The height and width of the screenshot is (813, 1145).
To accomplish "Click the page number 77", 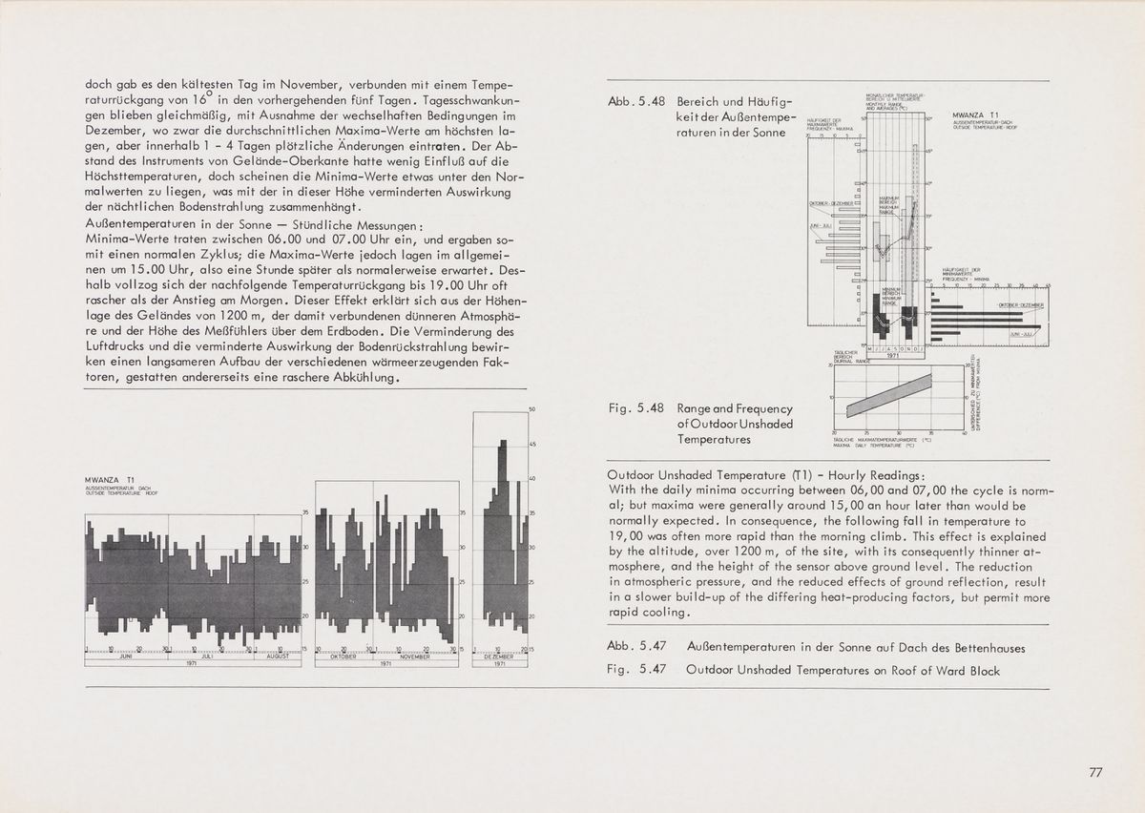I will [x=1095, y=773].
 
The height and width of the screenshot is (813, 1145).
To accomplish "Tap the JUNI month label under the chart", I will [x=125, y=657].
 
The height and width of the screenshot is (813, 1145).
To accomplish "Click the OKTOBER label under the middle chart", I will [x=343, y=657].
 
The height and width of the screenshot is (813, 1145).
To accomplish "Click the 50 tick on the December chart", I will [x=531, y=410].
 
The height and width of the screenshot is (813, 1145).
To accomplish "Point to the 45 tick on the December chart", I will [x=531, y=445].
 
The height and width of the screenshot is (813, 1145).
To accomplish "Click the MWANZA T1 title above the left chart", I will [x=107, y=479].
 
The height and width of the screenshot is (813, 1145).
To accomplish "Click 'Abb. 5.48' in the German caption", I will [x=635, y=102].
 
